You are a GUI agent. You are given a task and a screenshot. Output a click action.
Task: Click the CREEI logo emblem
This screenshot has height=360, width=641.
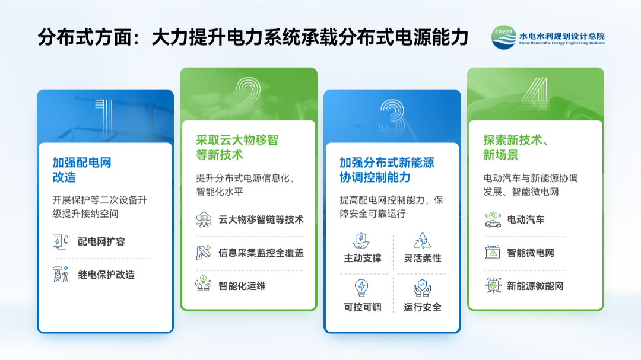504,37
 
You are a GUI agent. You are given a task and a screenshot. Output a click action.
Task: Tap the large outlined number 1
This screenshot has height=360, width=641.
104,117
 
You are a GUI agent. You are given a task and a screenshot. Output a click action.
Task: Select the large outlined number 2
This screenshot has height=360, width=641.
248,95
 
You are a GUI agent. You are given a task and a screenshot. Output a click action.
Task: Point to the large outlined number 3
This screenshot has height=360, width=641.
392,117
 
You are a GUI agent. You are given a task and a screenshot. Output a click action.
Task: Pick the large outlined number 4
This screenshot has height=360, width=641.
535,95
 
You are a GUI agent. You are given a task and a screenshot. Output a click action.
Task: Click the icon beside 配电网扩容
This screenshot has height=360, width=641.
61,241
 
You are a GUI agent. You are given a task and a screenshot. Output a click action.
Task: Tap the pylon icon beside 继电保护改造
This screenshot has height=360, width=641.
61,274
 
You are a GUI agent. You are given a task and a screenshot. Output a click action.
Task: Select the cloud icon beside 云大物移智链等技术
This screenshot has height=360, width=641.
204,219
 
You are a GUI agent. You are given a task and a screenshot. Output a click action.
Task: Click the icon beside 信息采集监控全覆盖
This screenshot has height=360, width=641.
204,252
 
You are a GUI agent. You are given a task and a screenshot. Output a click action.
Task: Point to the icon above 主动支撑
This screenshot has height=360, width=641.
361,241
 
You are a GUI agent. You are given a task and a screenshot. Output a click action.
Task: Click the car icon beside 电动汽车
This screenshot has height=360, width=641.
493,219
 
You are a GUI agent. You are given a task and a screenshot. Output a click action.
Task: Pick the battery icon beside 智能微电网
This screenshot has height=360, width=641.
493,252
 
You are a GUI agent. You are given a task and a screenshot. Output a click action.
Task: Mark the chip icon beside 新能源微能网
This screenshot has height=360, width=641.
493,285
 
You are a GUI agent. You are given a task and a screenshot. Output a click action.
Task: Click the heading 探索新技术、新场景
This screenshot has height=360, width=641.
515,148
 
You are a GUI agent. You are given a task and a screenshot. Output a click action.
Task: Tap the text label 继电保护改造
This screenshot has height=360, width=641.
106,275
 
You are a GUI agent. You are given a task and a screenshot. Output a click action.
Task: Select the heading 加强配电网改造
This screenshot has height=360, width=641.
82,170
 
